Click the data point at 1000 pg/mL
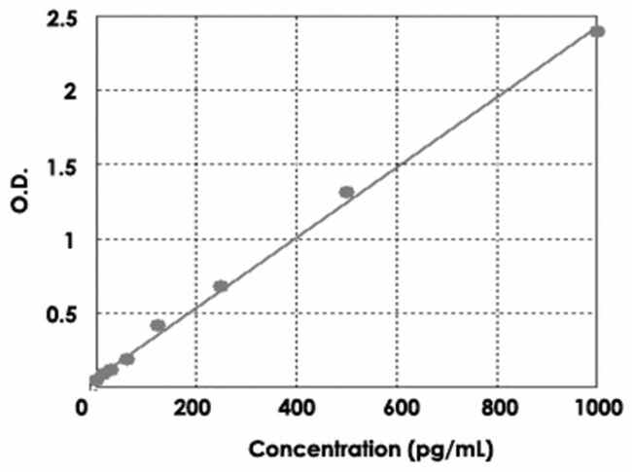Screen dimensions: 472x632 coord(597,31)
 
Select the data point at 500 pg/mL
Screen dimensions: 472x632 coord(346,192)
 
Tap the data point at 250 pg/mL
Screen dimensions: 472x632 coord(221,286)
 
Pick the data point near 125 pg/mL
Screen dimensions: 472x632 coord(158,325)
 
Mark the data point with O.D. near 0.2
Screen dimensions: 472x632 coord(126,359)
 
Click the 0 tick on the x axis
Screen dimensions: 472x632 coord(83,407)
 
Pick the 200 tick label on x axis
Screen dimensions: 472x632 coord(194,407)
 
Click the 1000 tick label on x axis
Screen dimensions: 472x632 coord(596,407)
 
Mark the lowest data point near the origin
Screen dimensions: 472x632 coord(94,381)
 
